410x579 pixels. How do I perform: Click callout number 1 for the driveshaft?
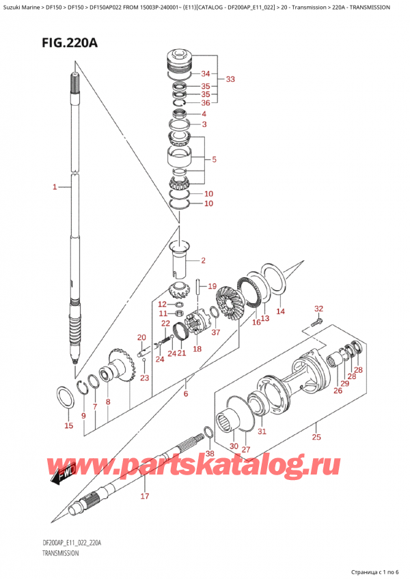(x=55, y=186)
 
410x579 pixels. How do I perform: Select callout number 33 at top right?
(x=230, y=79)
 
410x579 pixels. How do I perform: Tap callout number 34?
(x=206, y=74)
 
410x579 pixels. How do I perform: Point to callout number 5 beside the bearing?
(x=215, y=160)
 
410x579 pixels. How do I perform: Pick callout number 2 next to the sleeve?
(x=203, y=261)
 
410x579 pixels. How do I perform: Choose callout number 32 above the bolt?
(x=318, y=309)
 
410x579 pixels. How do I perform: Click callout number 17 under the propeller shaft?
(x=145, y=496)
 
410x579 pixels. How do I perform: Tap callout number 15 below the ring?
(x=68, y=426)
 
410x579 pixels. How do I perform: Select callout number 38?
(x=210, y=453)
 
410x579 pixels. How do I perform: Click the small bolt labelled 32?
(x=315, y=322)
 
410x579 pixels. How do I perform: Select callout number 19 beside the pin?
(x=212, y=286)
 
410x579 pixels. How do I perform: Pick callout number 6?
(x=185, y=393)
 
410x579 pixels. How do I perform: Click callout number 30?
(x=234, y=446)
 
